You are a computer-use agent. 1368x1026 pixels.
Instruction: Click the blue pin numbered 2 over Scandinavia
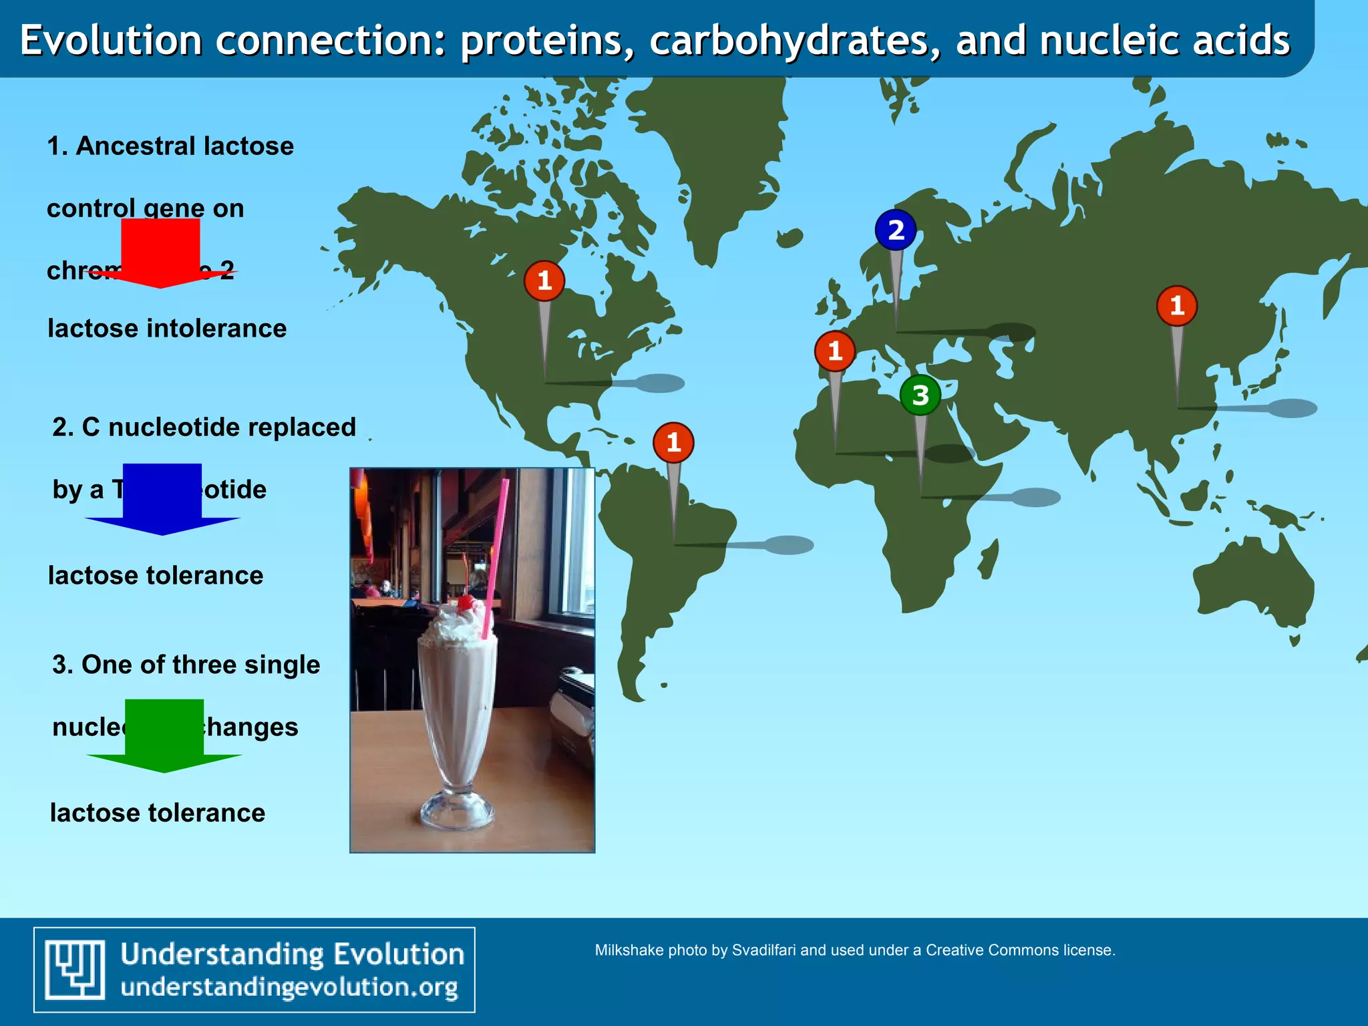click(895, 230)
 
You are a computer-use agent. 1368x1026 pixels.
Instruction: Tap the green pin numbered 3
click(920, 395)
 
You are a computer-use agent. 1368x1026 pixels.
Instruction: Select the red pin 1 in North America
click(544, 281)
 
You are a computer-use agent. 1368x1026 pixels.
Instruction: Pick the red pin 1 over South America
click(673, 442)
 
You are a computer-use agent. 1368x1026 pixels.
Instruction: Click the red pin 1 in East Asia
click(1177, 306)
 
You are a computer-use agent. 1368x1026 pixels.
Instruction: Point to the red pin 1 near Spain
click(835, 351)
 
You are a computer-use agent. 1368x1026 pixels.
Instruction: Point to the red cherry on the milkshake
click(466, 603)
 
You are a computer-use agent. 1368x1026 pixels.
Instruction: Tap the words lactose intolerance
click(167, 329)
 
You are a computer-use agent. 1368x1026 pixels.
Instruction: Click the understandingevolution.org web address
click(289, 987)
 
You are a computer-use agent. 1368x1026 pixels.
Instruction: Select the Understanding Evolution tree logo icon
click(75, 969)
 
